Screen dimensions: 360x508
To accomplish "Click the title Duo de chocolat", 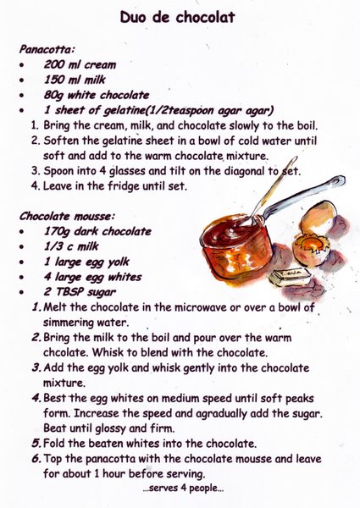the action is click(177, 17).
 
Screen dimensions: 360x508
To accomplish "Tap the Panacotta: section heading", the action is click(47, 49).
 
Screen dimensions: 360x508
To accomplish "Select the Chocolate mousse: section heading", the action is click(67, 216).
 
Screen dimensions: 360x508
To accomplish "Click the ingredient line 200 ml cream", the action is click(80, 64).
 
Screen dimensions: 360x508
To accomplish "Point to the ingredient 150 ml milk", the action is click(75, 80).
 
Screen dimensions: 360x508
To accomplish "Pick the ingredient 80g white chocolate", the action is click(97, 95).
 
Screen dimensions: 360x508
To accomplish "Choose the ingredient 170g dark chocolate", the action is click(97, 231).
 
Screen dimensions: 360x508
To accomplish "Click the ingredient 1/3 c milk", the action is click(71, 246).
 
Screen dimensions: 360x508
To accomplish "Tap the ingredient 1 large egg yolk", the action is click(86, 262).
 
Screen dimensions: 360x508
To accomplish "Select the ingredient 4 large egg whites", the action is click(92, 277).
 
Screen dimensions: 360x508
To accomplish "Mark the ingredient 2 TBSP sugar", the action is click(80, 292).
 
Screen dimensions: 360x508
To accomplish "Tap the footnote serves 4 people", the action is click(183, 489).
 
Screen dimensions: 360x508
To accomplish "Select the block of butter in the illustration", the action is click(290, 277).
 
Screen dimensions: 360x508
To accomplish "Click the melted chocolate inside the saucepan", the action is click(231, 229).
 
